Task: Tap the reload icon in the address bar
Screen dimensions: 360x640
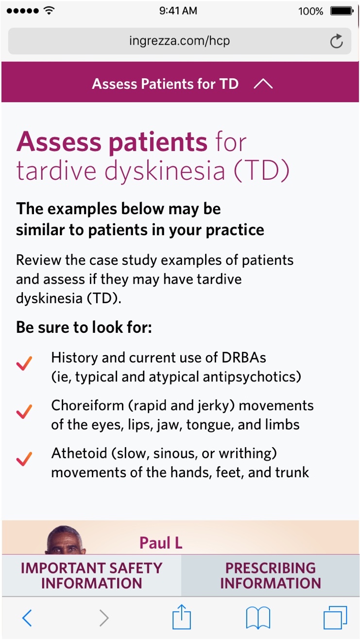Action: [337, 41]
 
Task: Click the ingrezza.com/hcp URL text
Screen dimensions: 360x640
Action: [179, 40]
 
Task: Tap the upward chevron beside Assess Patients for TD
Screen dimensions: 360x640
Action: [263, 84]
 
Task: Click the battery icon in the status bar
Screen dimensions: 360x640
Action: [342, 11]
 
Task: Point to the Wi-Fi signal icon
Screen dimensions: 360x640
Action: [49, 10]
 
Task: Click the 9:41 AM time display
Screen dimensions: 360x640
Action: [178, 11]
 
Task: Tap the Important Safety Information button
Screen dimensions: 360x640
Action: [91, 575]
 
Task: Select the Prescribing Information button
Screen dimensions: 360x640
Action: [270, 575]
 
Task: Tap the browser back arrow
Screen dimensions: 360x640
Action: [27, 618]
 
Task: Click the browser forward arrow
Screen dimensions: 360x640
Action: [104, 618]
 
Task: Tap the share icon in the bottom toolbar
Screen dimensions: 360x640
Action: [181, 617]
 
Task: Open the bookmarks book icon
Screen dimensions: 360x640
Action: [258, 618]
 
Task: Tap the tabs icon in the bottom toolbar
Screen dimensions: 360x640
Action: [335, 618]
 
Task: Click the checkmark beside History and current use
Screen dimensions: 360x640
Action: [24, 363]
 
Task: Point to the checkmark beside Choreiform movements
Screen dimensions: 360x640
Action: [24, 412]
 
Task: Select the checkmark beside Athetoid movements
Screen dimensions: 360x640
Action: [24, 459]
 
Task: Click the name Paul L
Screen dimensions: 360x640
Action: [161, 543]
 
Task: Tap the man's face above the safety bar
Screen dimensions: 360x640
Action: [65, 540]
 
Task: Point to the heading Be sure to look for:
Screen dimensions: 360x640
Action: [84, 327]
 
